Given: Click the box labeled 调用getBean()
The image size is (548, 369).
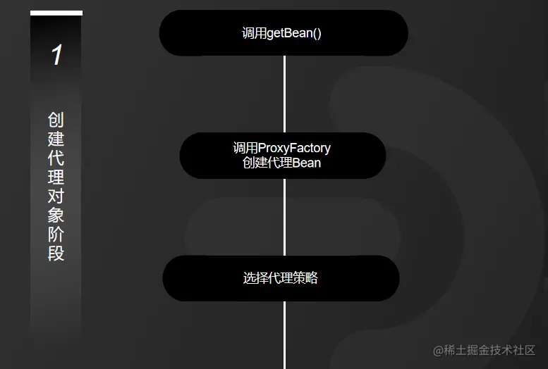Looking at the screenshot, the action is click(284, 33).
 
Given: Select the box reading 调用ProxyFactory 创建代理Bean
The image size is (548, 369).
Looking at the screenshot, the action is click(282, 156).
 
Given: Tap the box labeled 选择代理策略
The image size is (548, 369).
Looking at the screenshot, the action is click(281, 278).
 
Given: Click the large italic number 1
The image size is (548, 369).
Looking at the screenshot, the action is click(56, 56).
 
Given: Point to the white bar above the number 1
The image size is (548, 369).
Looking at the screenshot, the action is click(56, 13).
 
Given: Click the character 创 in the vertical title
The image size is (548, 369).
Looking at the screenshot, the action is click(56, 119).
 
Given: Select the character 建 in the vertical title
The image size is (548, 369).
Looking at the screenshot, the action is click(56, 138).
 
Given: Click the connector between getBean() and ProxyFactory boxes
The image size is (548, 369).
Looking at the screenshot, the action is click(284, 94).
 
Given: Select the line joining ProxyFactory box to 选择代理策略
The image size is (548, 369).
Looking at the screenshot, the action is click(284, 216).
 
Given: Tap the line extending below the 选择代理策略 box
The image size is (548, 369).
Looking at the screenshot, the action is click(284, 334).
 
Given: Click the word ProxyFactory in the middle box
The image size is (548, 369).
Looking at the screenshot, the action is click(294, 149).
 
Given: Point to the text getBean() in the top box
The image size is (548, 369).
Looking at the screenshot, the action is click(294, 33).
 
